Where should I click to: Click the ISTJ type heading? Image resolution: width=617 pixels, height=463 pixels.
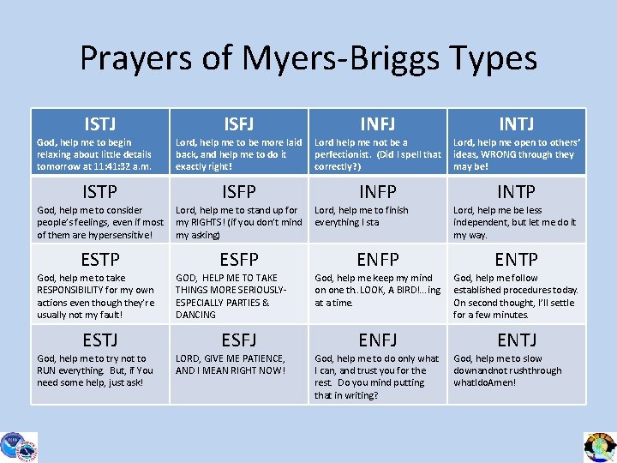tap(100, 124)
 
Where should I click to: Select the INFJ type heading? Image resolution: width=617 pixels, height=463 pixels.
tap(377, 124)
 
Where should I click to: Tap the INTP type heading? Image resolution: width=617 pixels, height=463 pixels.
tap(516, 191)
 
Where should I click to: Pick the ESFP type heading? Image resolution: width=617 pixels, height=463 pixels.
tap(238, 259)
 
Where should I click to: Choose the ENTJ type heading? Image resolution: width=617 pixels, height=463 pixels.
tap(516, 340)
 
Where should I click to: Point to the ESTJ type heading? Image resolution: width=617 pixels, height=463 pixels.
tap(100, 340)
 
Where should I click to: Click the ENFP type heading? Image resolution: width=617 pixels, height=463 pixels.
tap(377, 259)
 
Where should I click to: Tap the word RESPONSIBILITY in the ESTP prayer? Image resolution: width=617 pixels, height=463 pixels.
tap(75, 290)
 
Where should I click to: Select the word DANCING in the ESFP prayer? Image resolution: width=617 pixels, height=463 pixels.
tap(196, 315)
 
